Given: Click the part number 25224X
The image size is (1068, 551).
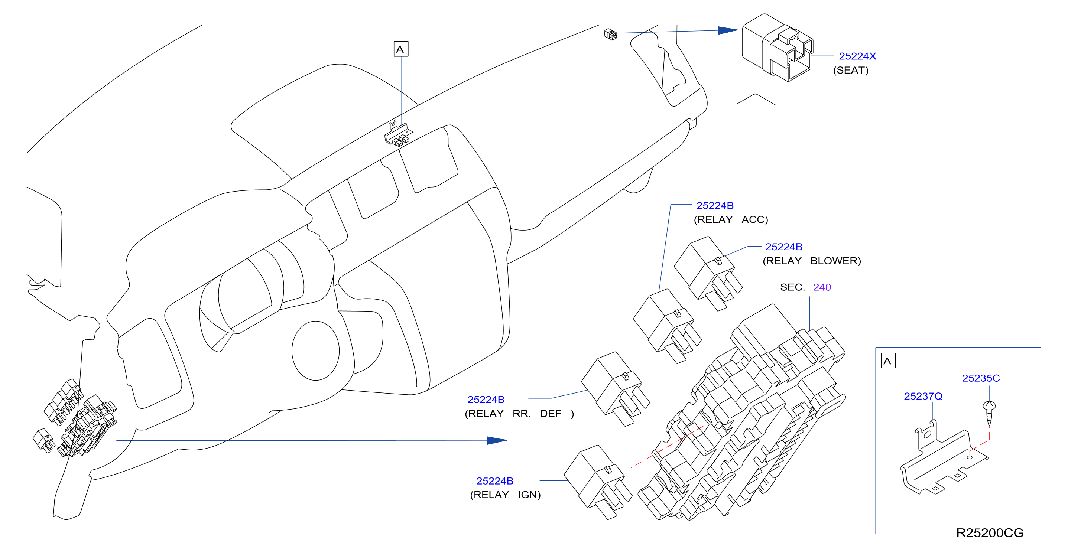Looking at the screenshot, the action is click(857, 56).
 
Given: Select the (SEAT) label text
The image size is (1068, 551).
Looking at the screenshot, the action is click(850, 70).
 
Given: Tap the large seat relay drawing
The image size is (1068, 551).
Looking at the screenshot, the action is click(778, 47).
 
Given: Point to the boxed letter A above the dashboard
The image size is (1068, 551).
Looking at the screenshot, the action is click(400, 49).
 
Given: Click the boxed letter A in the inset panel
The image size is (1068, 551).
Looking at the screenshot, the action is click(888, 361).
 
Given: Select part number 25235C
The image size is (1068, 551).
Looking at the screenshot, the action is click(981, 378).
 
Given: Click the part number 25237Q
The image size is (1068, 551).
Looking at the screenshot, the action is click(923, 396).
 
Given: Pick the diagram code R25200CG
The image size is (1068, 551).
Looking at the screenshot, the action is click(990, 533).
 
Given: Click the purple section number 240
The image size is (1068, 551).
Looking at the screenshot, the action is click(822, 287).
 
